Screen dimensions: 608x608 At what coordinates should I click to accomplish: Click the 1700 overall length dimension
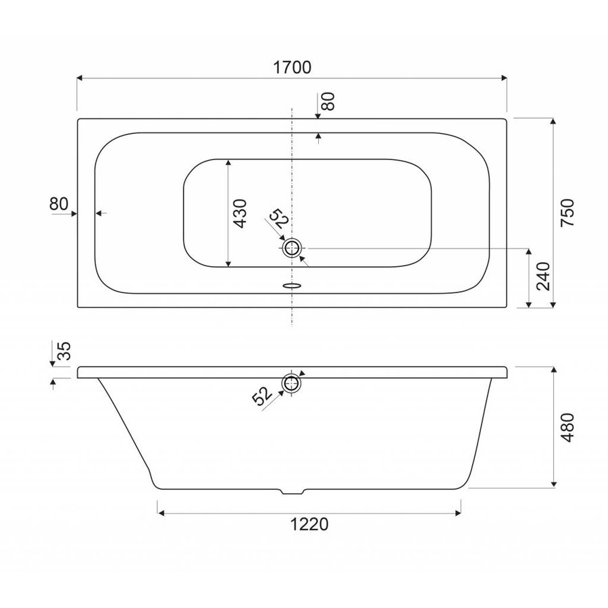(x=292, y=68)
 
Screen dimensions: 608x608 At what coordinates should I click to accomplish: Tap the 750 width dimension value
(x=567, y=213)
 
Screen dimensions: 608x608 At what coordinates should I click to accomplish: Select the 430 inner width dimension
(x=240, y=213)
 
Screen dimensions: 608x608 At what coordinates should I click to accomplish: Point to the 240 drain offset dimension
(x=544, y=276)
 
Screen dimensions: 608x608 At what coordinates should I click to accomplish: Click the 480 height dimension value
(x=567, y=428)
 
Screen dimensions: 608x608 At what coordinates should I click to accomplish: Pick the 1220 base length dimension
(x=309, y=524)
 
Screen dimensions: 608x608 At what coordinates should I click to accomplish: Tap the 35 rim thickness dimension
(x=64, y=351)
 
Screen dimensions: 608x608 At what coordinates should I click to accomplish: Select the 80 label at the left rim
(x=59, y=203)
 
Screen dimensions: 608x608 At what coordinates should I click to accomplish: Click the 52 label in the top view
(x=279, y=220)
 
